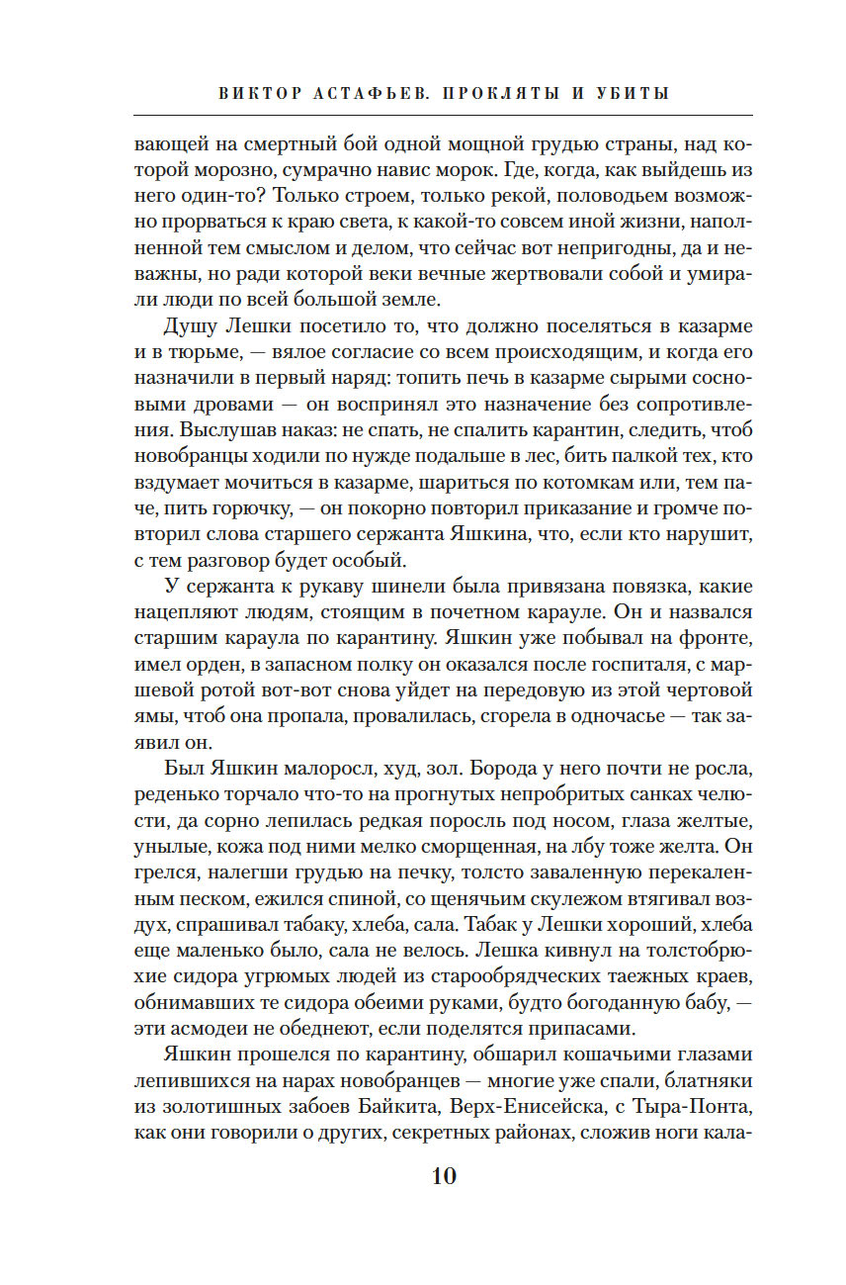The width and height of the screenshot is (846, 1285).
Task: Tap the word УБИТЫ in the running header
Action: click(x=632, y=94)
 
